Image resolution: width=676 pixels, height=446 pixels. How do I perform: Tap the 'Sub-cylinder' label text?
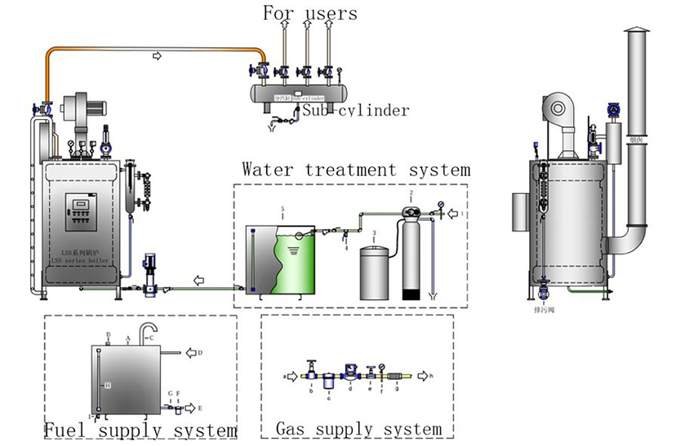(355, 110)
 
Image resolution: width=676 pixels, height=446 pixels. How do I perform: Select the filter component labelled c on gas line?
(327, 381)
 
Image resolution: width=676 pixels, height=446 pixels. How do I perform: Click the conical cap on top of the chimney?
(635, 31)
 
